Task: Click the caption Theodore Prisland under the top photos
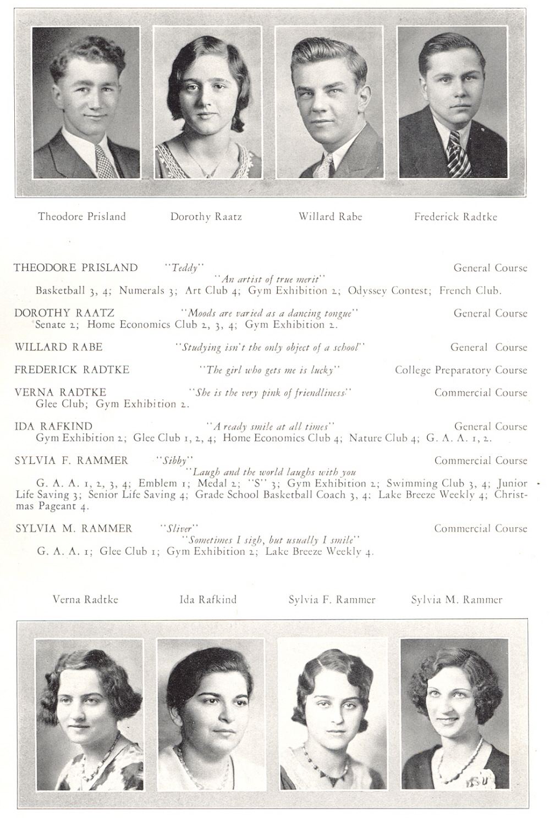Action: [x=81, y=217]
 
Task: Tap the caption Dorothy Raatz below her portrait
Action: [x=206, y=217]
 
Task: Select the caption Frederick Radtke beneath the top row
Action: [x=455, y=217]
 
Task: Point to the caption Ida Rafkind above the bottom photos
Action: [x=208, y=599]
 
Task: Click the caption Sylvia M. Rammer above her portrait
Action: [x=457, y=600]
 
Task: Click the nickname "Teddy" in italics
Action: [x=185, y=268]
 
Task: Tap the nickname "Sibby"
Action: [x=175, y=460]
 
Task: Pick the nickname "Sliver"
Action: [x=179, y=528]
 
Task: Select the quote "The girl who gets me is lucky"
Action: [x=269, y=370]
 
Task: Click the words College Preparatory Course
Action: [x=461, y=370]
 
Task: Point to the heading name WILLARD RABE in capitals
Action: [x=58, y=347]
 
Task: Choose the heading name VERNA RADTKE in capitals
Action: [x=61, y=392]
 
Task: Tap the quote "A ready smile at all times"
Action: [x=271, y=426]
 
